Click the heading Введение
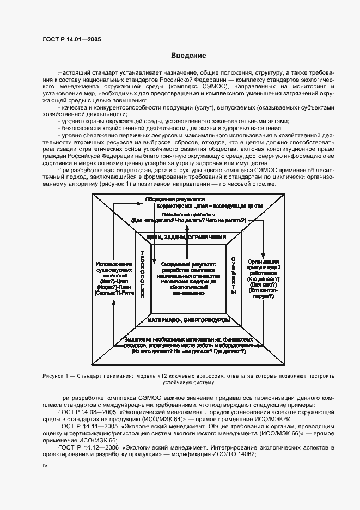pyautogui.click(x=188, y=56)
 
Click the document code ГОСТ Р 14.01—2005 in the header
pyautogui.click(x=71, y=39)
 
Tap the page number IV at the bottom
pyautogui.click(x=45, y=466)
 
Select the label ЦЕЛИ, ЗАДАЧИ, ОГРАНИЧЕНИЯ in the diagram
pyautogui.click(x=187, y=238)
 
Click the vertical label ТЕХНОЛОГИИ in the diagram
pyautogui.click(x=142, y=274)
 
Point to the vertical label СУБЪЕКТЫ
pyautogui.click(x=233, y=275)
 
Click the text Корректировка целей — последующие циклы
pyautogui.click(x=209, y=207)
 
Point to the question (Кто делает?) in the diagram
pyautogui.click(x=264, y=278)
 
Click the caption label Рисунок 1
pyautogui.click(x=56, y=376)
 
